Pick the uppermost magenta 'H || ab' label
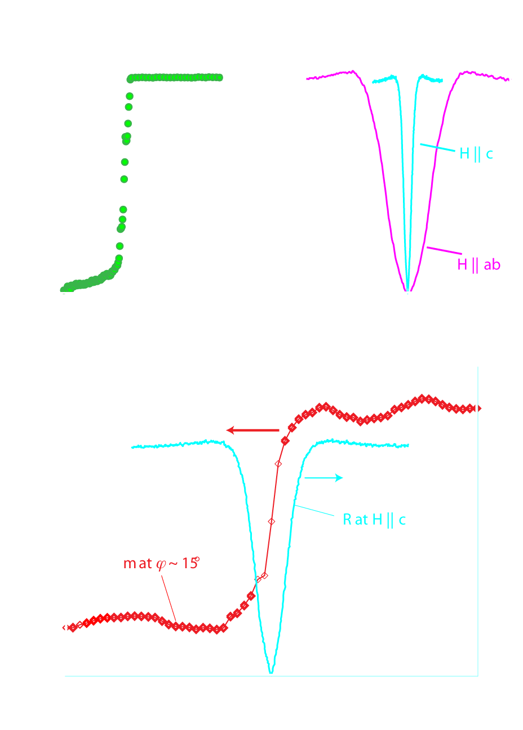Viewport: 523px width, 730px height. [x=478, y=264]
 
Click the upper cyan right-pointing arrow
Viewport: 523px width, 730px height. [x=323, y=477]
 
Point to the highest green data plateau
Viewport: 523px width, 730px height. [x=175, y=77]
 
